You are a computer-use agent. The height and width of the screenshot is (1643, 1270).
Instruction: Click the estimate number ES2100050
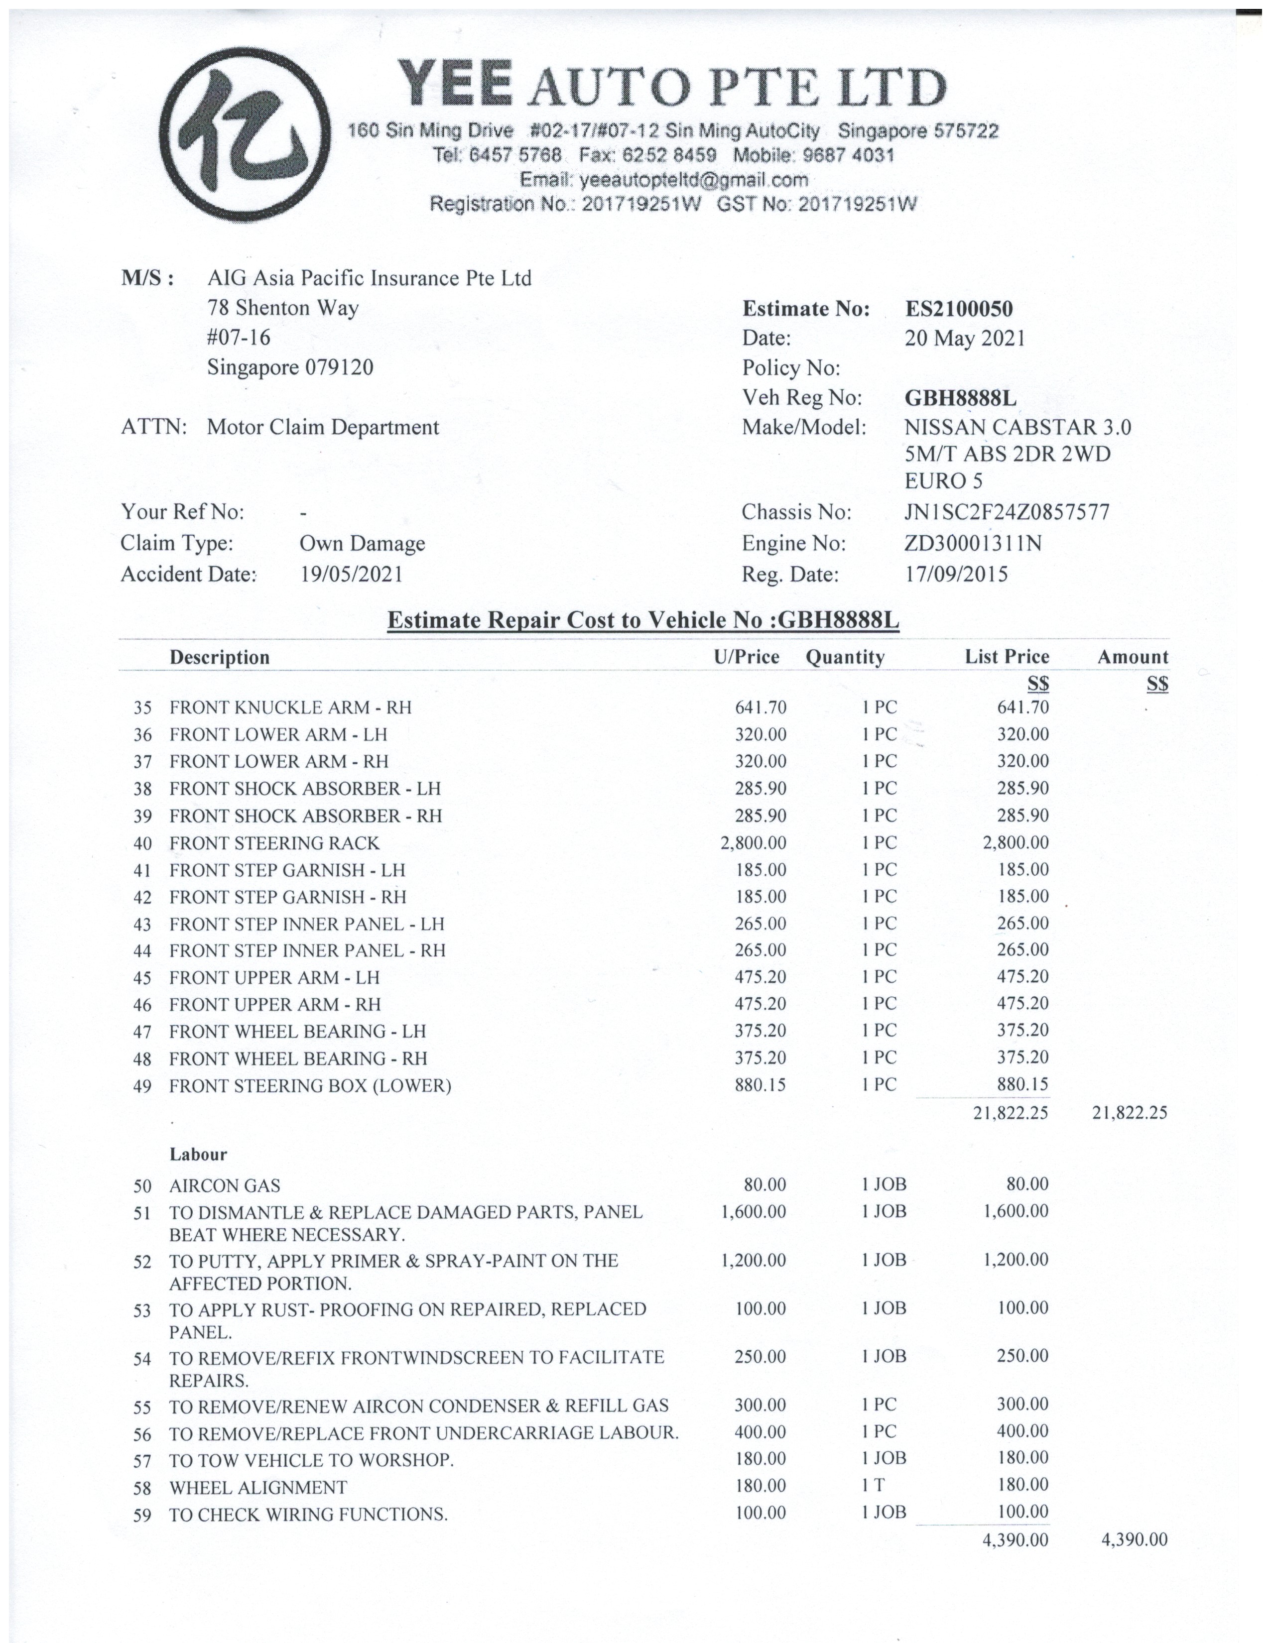pyautogui.click(x=959, y=309)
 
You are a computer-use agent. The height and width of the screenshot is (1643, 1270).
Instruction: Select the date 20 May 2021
pyautogui.click(x=965, y=339)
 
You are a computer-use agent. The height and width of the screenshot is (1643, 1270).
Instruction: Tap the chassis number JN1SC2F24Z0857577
pyautogui.click(x=1007, y=512)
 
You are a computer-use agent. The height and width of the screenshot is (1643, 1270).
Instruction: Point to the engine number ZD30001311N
pyautogui.click(x=973, y=543)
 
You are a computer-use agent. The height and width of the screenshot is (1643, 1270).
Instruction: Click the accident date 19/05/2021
pyautogui.click(x=351, y=575)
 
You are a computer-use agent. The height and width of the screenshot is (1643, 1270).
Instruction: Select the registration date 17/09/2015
pyautogui.click(x=956, y=575)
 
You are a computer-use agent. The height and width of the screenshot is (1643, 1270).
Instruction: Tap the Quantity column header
pyautogui.click(x=845, y=658)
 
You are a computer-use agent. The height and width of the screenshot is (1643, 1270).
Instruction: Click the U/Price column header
pyautogui.click(x=747, y=658)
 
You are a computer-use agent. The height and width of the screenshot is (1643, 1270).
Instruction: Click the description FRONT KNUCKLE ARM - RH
pyautogui.click(x=290, y=708)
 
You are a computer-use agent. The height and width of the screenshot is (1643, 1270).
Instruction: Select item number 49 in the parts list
pyautogui.click(x=142, y=1086)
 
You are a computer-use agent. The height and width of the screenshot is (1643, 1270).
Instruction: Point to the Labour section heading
pyautogui.click(x=198, y=1155)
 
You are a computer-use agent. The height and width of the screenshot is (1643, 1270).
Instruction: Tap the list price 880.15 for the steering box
pyautogui.click(x=1022, y=1085)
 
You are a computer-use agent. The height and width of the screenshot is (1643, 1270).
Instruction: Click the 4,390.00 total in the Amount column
pyautogui.click(x=1134, y=1540)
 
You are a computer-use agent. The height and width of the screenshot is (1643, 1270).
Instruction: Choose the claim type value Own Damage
pyautogui.click(x=362, y=543)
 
